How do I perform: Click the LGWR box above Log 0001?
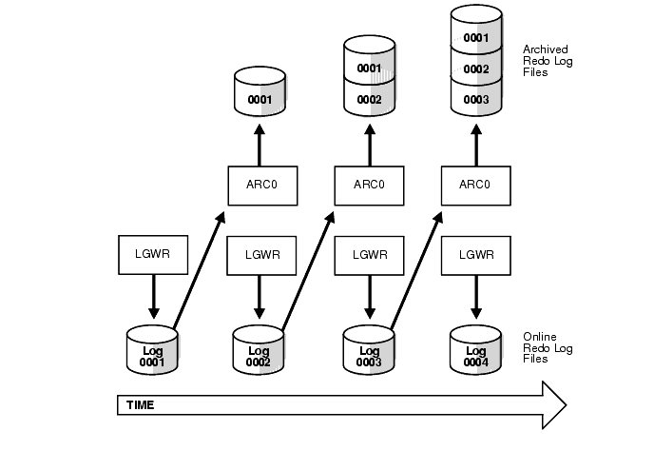(x=151, y=254)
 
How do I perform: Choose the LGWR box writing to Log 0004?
(x=473, y=254)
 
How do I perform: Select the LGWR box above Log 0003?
(x=366, y=254)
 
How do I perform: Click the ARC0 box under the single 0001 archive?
(x=259, y=185)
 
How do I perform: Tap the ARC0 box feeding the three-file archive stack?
(x=473, y=185)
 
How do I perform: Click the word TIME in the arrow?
(x=140, y=405)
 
